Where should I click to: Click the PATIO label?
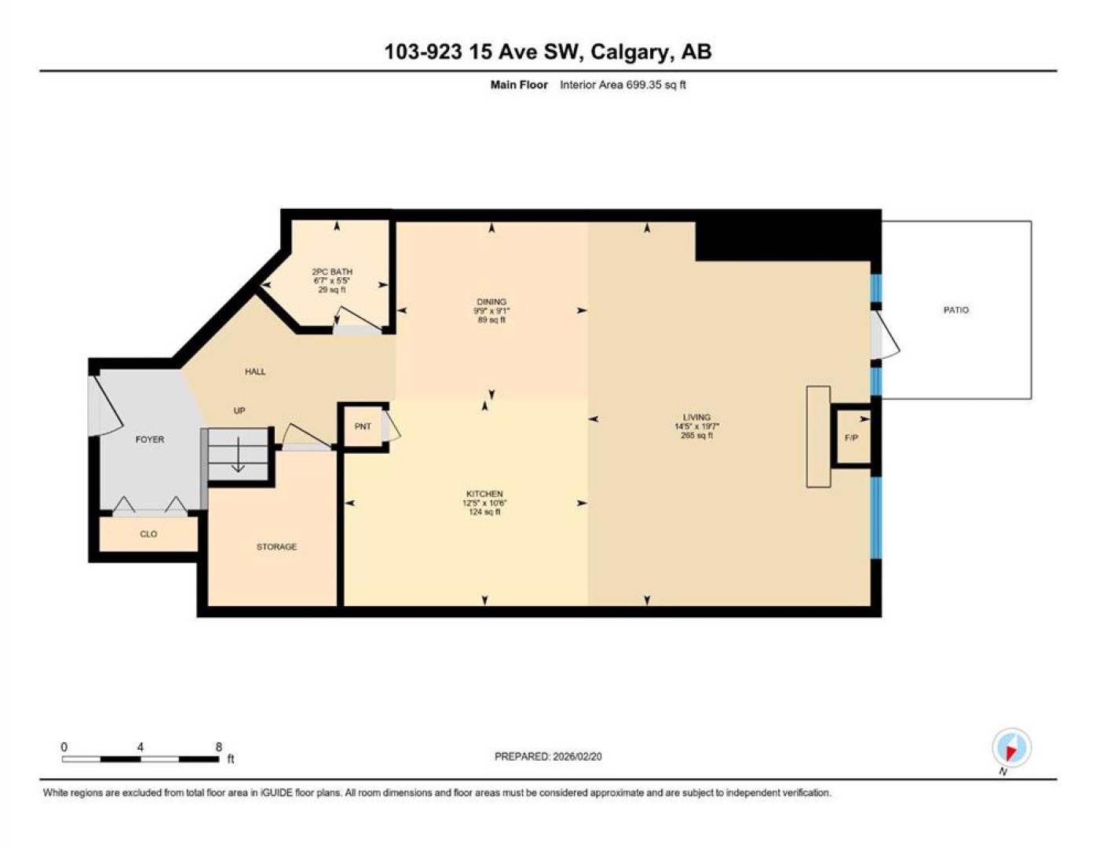pos(955,309)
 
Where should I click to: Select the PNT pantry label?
pos(363,426)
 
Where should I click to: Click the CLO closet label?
pos(148,534)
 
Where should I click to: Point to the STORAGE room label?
pos(276,546)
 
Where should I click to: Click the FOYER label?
pos(150,440)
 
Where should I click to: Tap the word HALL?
pos(255,372)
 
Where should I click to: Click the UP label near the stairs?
pos(239,411)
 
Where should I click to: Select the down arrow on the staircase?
pos(238,455)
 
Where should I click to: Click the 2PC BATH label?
pos(332,272)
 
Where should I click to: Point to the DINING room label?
pos(491,302)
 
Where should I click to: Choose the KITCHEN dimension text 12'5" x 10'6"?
pos(484,503)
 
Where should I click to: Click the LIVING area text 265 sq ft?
pos(696,435)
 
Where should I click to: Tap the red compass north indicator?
pos(1011,754)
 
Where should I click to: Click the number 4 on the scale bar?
pos(141,747)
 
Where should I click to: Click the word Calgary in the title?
pos(632,53)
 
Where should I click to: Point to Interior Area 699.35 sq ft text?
pos(623,85)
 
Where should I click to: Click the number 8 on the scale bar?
pos(218,747)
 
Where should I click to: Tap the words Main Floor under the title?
pos(519,85)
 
